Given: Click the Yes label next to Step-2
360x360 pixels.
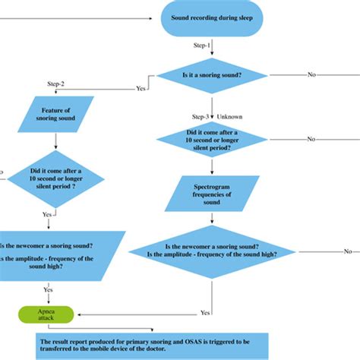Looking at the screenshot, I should [x=141, y=88].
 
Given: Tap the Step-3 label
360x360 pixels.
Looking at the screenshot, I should [x=200, y=116].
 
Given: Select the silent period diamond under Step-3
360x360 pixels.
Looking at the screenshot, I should [x=211, y=140].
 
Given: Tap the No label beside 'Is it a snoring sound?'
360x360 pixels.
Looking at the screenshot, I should [x=312, y=74].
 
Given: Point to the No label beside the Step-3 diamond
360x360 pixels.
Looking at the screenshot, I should [x=311, y=140].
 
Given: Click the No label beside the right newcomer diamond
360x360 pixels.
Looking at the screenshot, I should [x=347, y=251].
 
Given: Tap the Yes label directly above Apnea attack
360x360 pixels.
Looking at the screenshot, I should [x=47, y=289].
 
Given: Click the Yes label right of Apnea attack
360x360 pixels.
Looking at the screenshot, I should [x=204, y=312].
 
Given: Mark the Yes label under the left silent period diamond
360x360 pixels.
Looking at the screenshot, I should [x=47, y=214].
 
